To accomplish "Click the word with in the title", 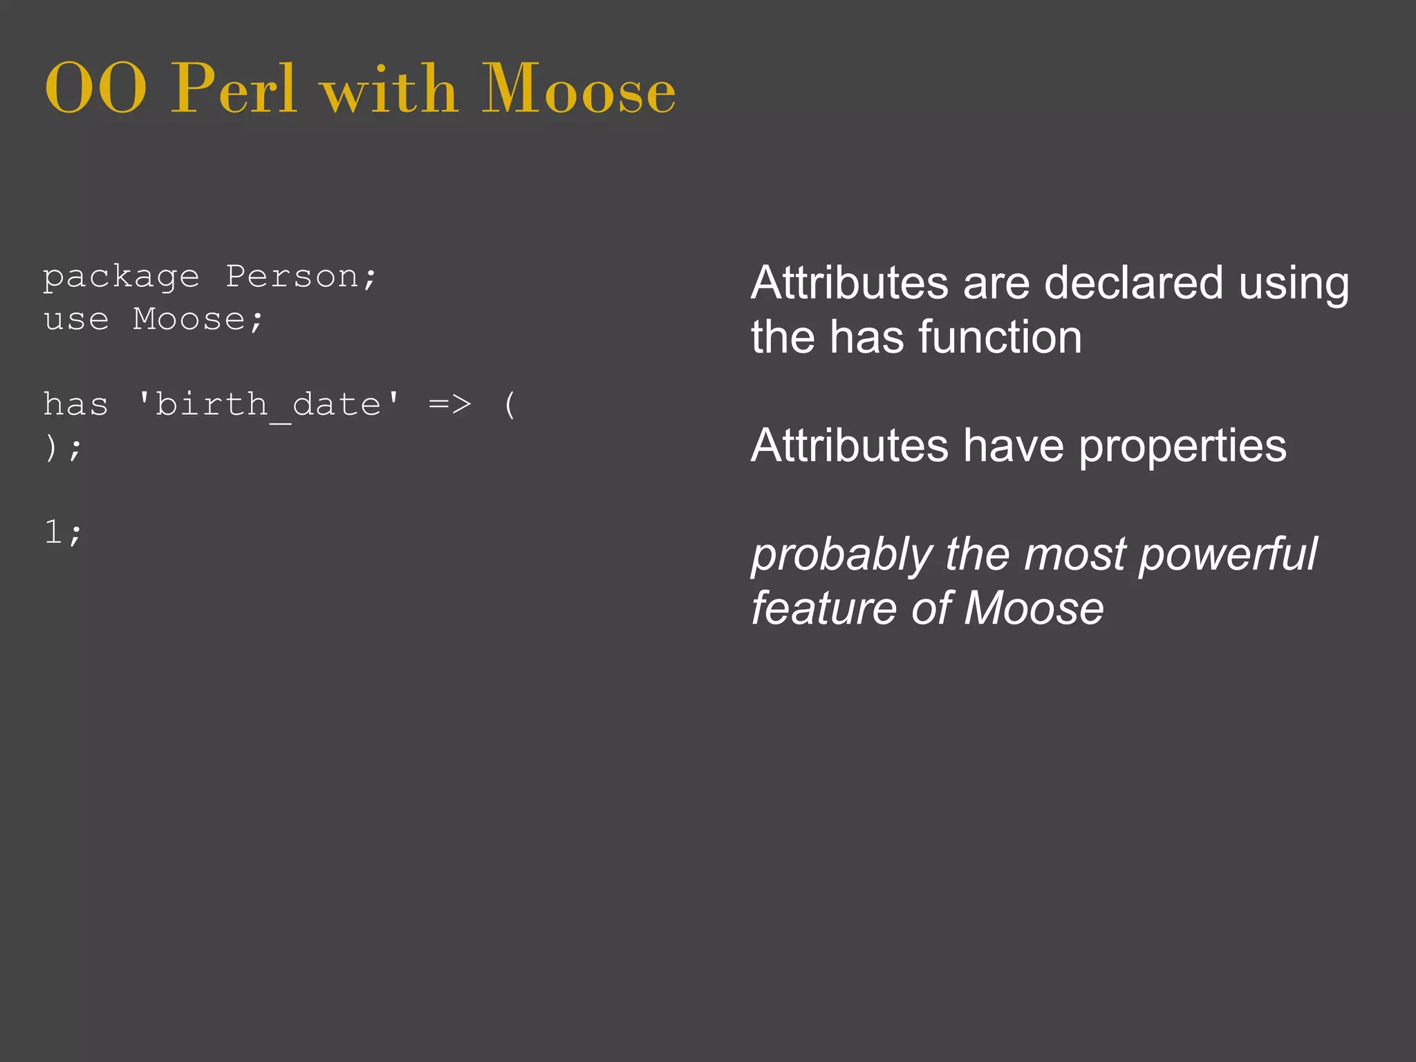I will point(389,90).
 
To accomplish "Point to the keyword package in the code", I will point(121,278).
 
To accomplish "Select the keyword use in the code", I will point(76,319).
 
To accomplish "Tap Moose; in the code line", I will point(198,319).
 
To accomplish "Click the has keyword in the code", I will point(76,404).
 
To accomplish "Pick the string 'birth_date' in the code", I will point(268,404).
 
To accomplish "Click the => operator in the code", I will point(450,404).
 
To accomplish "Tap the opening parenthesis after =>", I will point(510,404).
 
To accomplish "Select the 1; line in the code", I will point(63,532).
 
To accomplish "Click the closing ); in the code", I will point(63,448).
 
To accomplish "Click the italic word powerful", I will point(1227,555).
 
